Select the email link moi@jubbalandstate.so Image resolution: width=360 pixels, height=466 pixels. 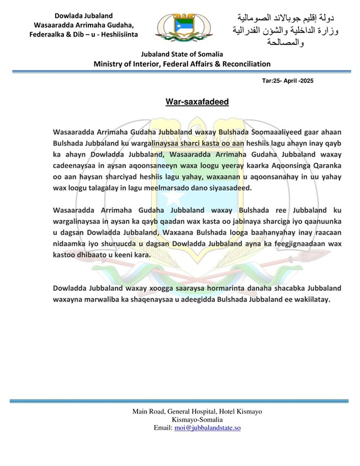tap(207, 428)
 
